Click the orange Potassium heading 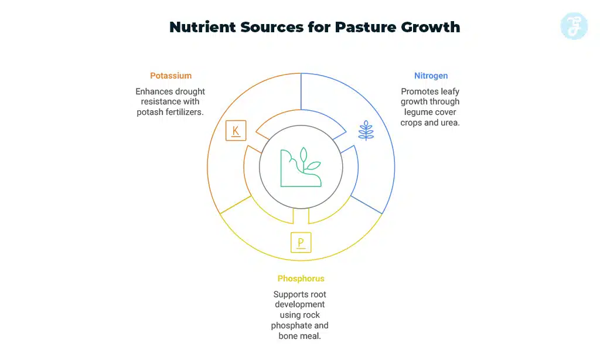tap(171, 76)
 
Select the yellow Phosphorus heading tap(301, 279)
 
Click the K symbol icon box tap(236, 130)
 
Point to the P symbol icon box tap(301, 242)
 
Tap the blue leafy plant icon tap(366, 130)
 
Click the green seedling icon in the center tap(301, 168)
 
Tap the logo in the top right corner tap(574, 26)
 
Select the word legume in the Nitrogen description tap(416, 112)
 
